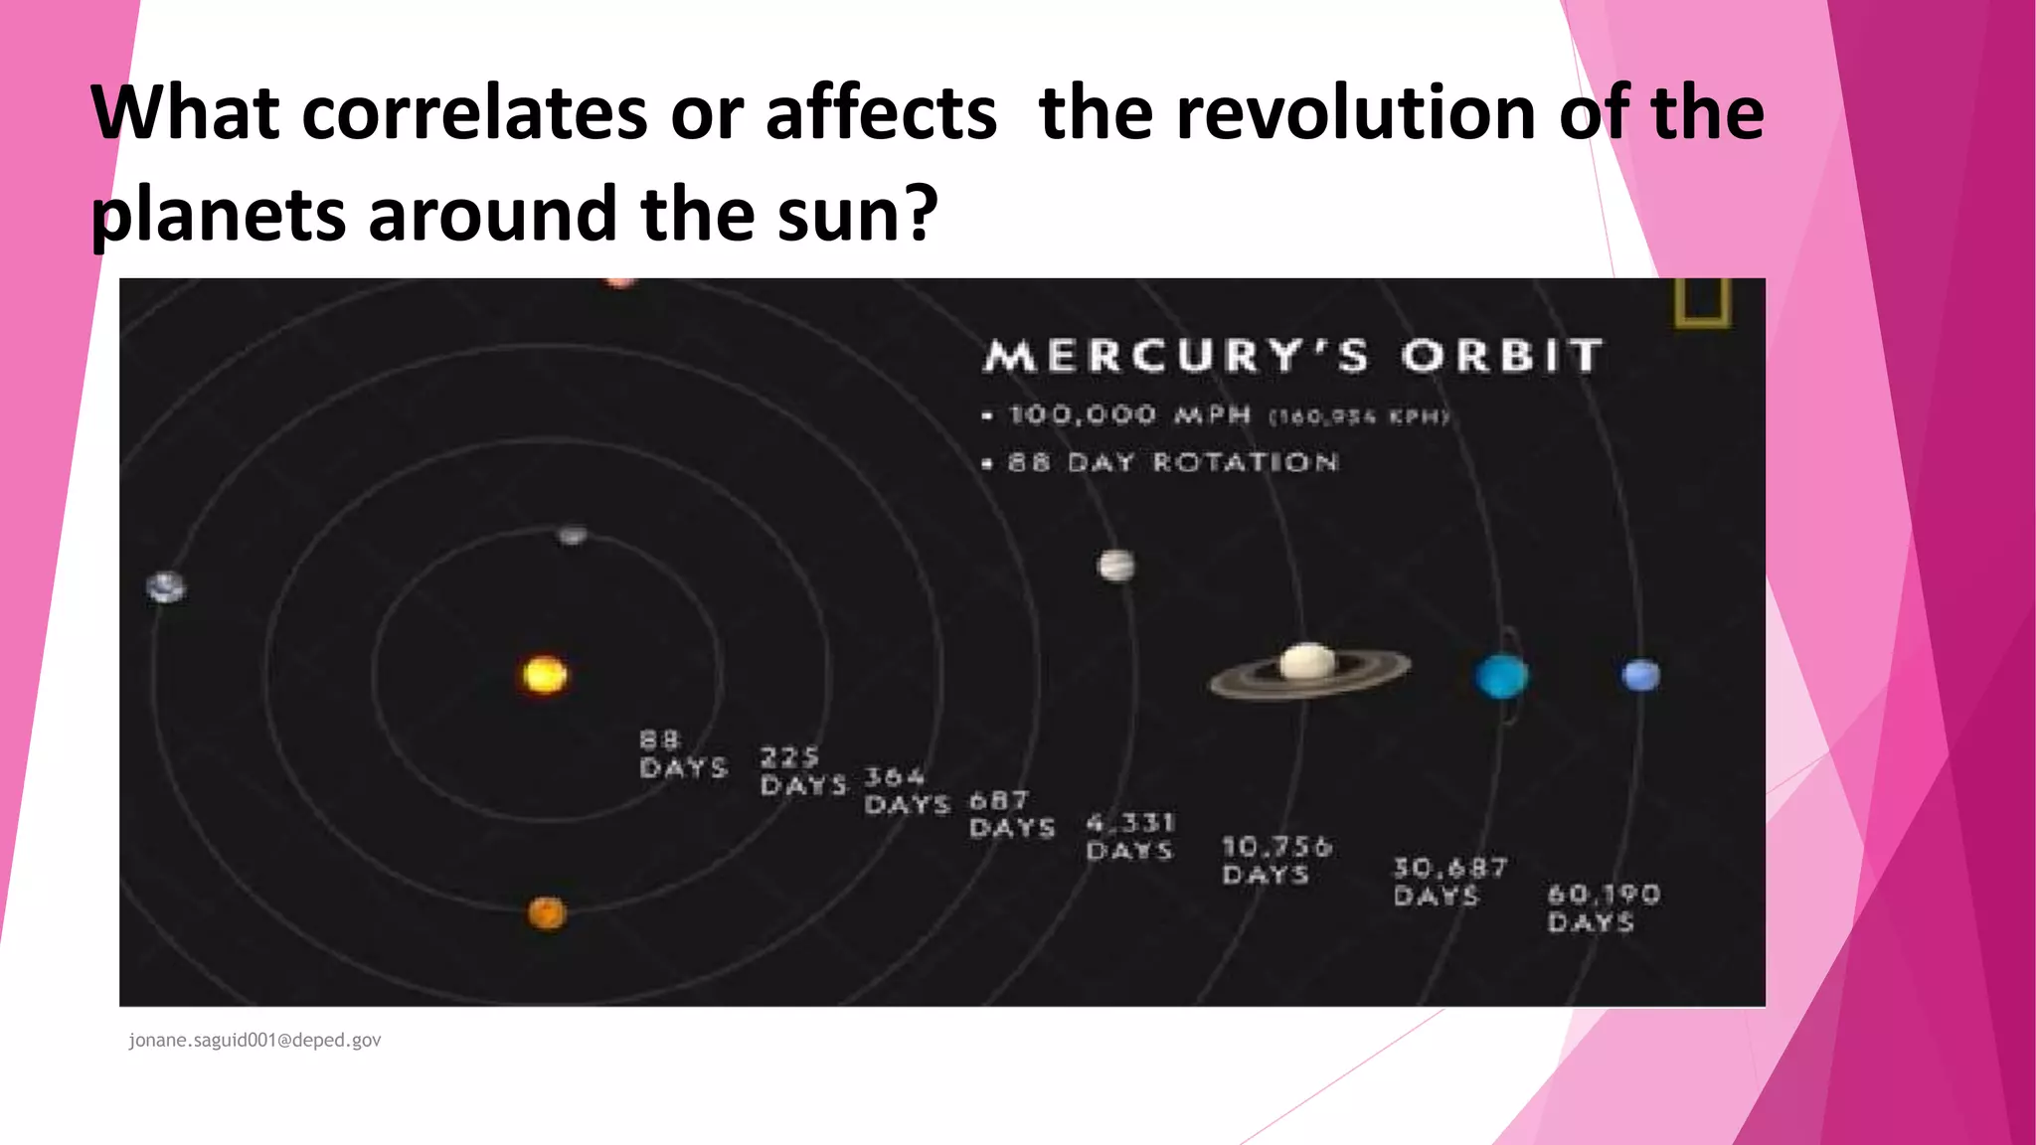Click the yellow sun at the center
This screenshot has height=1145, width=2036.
coord(545,675)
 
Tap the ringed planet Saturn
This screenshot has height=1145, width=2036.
coord(1308,667)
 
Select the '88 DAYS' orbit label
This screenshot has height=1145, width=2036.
coord(683,754)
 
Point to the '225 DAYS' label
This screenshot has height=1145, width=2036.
coord(803,772)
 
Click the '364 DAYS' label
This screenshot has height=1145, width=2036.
coord(906,791)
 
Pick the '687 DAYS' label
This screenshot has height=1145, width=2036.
coord(1011,815)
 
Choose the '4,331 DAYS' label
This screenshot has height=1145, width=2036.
coord(1130,837)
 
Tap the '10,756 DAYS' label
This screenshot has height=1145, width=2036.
coord(1275,861)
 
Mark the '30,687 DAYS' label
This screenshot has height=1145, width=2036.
coord(1449,883)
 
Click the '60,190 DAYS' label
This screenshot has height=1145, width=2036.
coord(1603,908)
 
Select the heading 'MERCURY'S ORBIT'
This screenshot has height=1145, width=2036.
coord(1292,356)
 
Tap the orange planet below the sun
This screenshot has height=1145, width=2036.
coord(546,912)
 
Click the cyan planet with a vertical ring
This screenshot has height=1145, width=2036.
coord(1501,676)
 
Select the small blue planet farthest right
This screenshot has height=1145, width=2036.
coord(1640,676)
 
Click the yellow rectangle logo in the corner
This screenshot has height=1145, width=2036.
coord(1703,302)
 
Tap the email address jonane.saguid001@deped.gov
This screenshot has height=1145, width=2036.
coord(254,1041)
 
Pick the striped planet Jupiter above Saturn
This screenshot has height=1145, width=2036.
coord(1115,567)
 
